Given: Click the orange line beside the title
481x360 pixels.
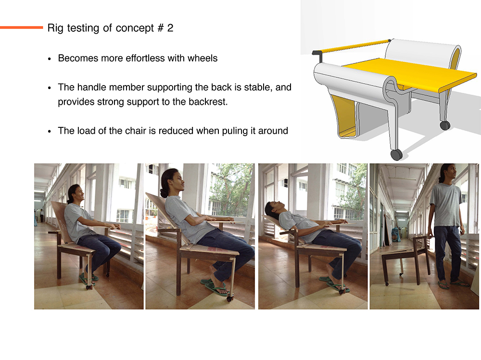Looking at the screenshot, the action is pyautogui.click(x=22, y=27).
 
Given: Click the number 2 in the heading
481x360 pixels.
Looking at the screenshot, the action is pyautogui.click(x=170, y=28).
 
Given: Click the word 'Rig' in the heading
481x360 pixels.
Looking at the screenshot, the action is pyautogui.click(x=55, y=28).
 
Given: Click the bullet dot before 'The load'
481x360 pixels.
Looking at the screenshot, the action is pyautogui.click(x=50, y=131).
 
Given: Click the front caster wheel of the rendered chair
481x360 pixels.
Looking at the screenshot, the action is pyautogui.click(x=396, y=155).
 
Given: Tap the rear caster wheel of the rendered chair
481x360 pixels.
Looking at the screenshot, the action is pyautogui.click(x=445, y=125).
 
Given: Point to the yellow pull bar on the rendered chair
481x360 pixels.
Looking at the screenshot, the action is pyautogui.click(x=354, y=46).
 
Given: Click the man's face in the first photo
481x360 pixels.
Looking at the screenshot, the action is pyautogui.click(x=79, y=193).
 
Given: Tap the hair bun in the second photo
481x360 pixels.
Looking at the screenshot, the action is pyautogui.click(x=164, y=193).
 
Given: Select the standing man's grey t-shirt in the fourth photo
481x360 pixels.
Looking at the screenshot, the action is pyautogui.click(x=446, y=205).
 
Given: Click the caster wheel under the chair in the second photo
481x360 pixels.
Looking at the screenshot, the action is pyautogui.click(x=229, y=298).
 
